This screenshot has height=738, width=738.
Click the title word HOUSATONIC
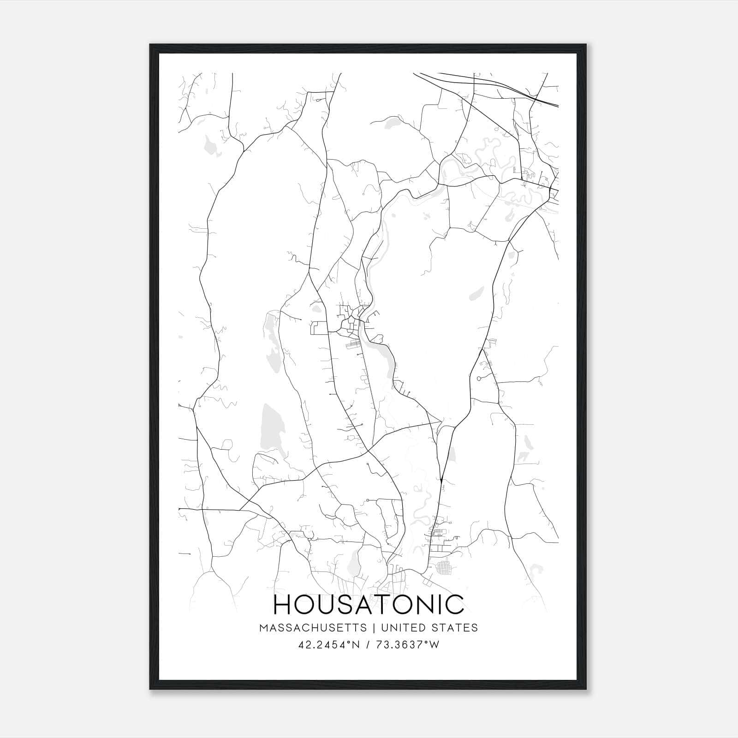(369, 605)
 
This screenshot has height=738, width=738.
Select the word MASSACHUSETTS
(313, 628)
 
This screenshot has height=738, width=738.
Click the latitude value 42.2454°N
(328, 645)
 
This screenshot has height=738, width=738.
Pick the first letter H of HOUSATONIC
(283, 605)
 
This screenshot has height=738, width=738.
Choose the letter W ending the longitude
(434, 645)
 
